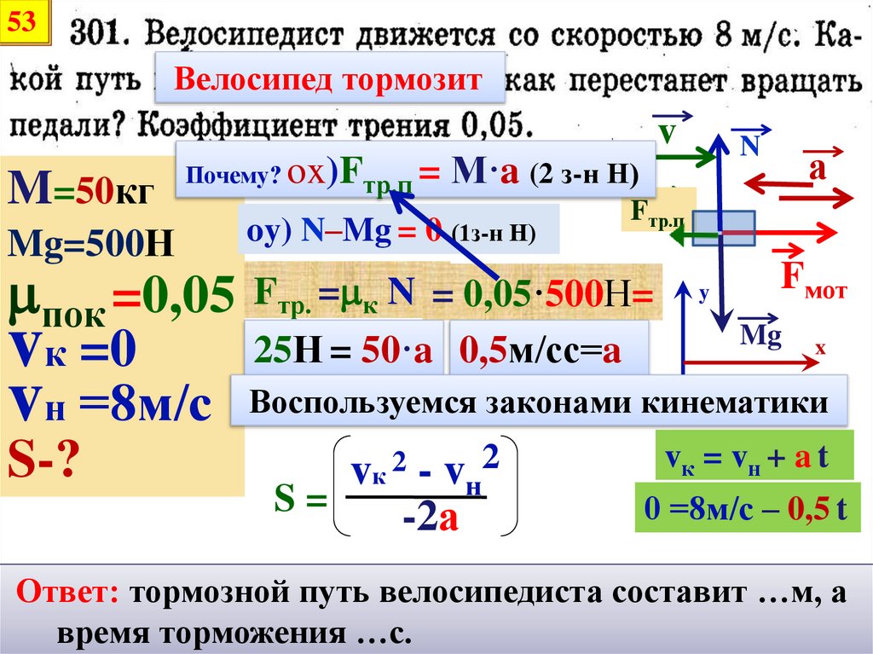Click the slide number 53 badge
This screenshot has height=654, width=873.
pyautogui.click(x=23, y=24)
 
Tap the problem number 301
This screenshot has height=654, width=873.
pyautogui.click(x=101, y=37)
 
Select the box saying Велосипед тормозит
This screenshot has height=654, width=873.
pyautogui.click(x=329, y=81)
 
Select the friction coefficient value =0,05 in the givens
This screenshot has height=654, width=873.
pyautogui.click(x=175, y=296)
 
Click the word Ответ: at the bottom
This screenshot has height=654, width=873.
pyautogui.click(x=70, y=593)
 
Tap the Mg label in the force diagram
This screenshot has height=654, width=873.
pyautogui.click(x=760, y=335)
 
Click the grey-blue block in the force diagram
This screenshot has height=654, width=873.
pyautogui.click(x=722, y=229)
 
